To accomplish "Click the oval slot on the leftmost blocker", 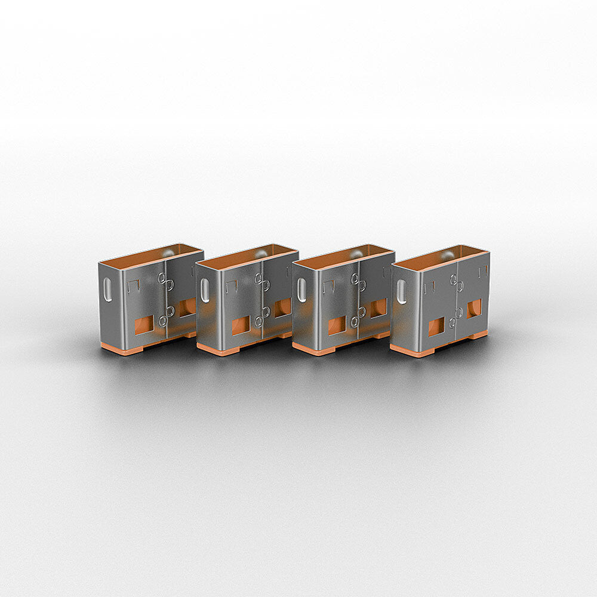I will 108,290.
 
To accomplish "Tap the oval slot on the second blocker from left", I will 205,290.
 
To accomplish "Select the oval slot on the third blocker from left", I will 302,290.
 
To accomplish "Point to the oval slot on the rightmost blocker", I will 401,292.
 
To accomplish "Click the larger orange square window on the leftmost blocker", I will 144,325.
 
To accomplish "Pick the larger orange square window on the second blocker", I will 241,325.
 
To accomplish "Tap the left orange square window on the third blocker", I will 337,325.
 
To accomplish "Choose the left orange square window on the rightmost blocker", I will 436,327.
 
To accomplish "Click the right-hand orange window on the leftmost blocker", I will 186,307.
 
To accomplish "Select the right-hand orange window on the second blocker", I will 282,307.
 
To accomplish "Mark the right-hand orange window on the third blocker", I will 378,307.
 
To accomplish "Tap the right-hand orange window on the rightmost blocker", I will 474,308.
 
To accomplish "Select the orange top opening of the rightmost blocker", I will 441,257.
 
